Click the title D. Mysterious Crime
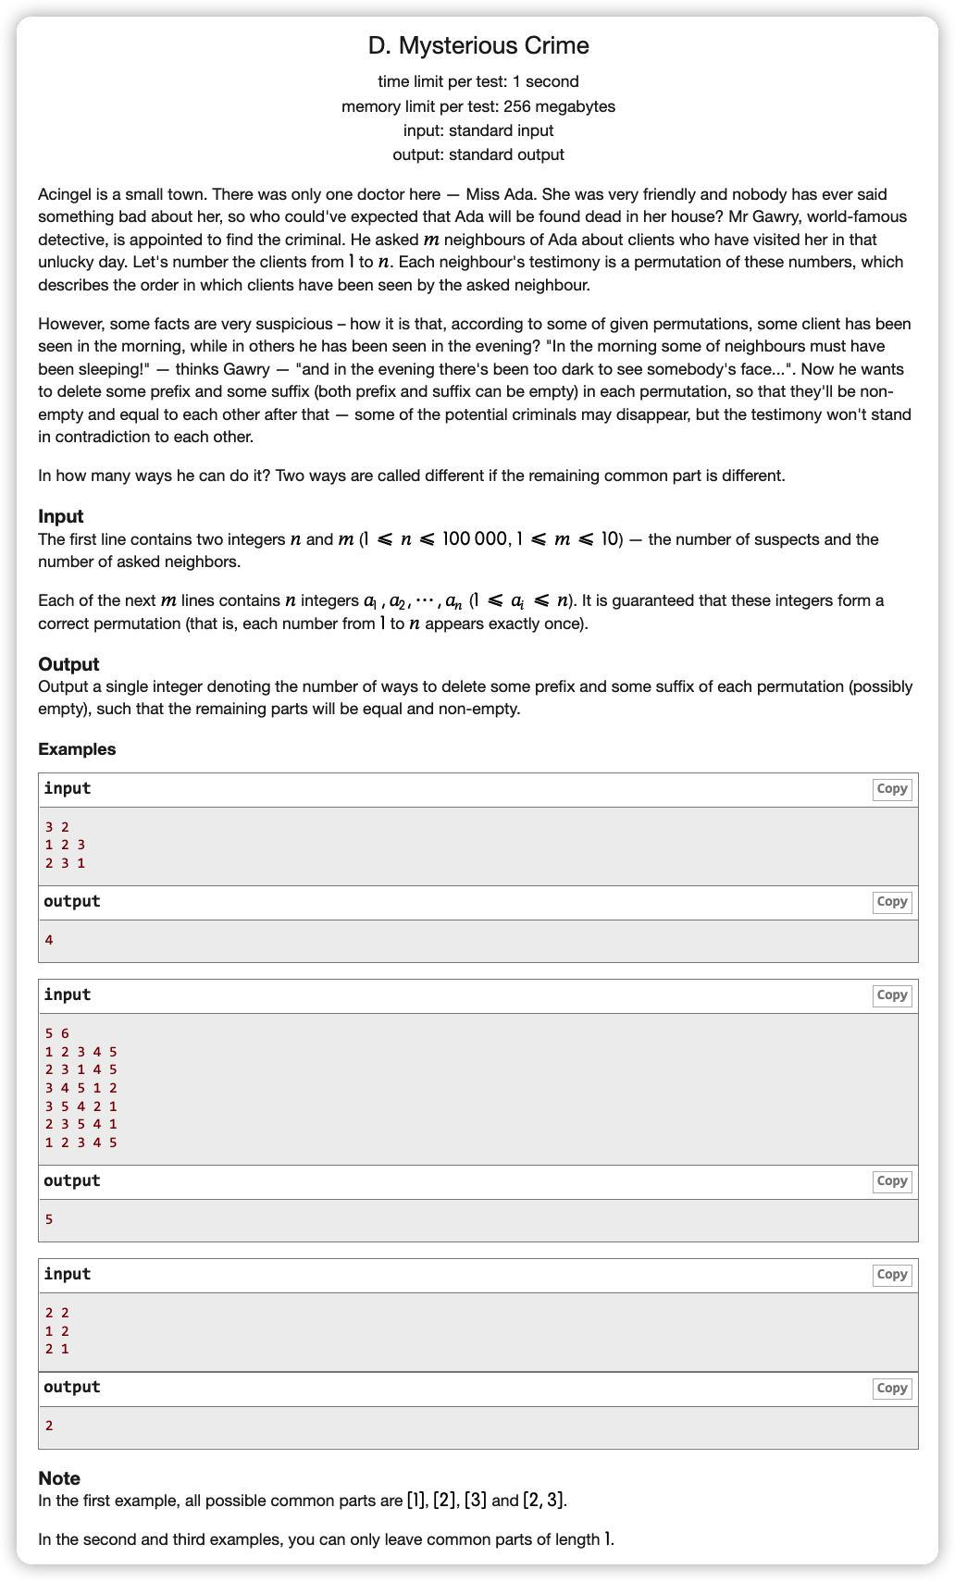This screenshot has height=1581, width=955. [x=477, y=45]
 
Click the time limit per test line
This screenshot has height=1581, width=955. [x=477, y=81]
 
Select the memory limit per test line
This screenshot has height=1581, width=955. [x=477, y=106]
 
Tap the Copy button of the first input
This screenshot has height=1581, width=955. [x=891, y=789]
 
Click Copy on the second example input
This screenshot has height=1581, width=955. [x=891, y=995]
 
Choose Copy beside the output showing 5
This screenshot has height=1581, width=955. [x=891, y=1181]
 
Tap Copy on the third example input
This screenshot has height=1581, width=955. [x=891, y=1275]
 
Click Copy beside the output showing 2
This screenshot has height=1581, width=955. [x=891, y=1389]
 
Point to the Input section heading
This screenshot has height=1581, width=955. [x=61, y=516]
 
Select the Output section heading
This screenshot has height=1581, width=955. [x=68, y=664]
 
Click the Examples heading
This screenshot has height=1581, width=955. [x=77, y=749]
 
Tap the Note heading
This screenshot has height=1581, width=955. [x=59, y=1478]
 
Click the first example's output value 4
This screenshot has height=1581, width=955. [x=49, y=940]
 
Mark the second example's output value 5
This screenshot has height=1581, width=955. [x=49, y=1219]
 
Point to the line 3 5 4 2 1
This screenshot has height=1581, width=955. [x=81, y=1106]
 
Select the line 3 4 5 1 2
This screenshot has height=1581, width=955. [x=81, y=1088]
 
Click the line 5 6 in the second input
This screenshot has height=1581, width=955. [x=56, y=1033]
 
